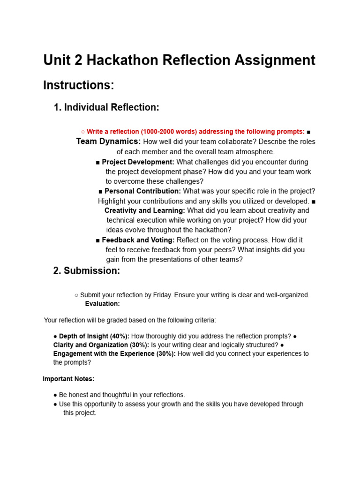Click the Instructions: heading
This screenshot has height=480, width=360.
click(x=79, y=85)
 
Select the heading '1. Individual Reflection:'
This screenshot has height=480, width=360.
click(x=106, y=107)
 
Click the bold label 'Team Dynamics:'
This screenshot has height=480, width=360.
click(x=108, y=142)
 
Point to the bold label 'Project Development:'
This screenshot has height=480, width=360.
click(x=138, y=162)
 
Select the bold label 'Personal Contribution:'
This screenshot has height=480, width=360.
click(x=142, y=191)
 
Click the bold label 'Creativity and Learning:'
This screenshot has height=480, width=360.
click(x=144, y=210)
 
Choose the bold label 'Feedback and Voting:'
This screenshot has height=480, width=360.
click(x=138, y=240)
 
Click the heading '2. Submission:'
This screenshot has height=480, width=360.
click(x=87, y=270)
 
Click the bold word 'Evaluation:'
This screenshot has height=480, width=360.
click(x=102, y=304)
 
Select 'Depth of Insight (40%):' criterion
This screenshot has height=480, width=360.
click(x=94, y=337)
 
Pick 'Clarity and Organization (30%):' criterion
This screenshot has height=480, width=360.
click(x=101, y=345)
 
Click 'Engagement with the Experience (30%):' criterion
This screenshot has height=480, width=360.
click(x=114, y=354)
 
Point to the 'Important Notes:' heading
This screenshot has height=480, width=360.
click(x=68, y=379)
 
